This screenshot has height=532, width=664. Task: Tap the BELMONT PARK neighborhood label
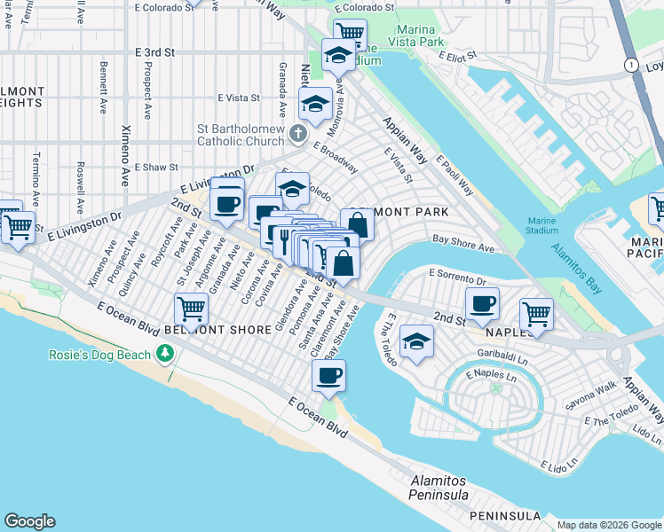pos(399,213)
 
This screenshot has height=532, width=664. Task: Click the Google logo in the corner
pos(30,521)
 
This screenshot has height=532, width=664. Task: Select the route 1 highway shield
pos(630,66)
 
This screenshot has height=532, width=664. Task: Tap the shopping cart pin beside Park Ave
pos(191,309)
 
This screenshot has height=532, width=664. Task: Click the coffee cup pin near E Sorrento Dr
pos(482,303)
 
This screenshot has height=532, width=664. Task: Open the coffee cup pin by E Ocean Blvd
pos(328,375)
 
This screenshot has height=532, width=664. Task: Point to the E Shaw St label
pos(157,167)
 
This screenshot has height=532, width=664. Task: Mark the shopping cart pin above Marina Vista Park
pos(350,33)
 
